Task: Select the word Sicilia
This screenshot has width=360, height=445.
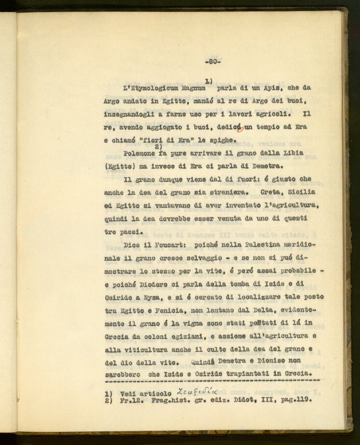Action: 303,192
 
